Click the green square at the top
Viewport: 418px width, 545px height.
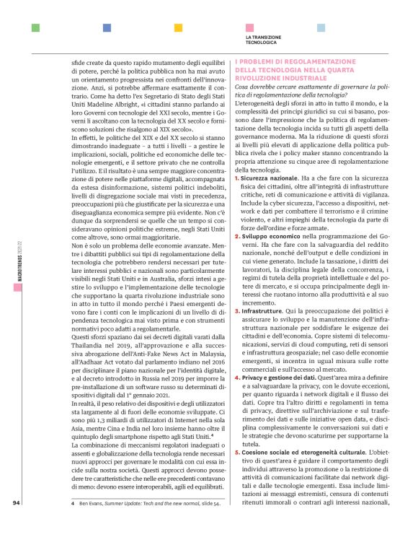click(35, 28)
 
